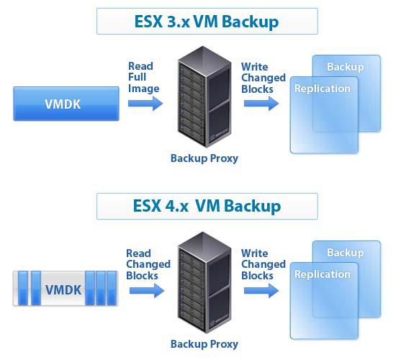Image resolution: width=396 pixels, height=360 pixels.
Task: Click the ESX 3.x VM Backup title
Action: point(207,22)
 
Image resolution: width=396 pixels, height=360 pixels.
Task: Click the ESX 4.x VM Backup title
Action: point(207,206)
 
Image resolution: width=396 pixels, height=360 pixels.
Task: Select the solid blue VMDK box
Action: point(66,104)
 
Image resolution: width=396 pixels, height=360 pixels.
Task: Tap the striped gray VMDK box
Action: point(66,288)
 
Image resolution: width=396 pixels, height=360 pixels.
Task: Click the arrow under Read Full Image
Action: point(145,104)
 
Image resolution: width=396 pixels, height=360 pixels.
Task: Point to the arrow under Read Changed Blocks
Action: point(147,291)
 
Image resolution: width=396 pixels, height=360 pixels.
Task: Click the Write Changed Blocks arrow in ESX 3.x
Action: point(261,104)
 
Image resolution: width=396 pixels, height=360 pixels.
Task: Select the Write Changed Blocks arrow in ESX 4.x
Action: point(261,291)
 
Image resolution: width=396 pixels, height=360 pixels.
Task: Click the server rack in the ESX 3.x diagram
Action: point(204,96)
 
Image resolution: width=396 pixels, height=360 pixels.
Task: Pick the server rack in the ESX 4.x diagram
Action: point(204,283)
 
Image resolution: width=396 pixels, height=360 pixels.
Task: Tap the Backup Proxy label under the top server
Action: point(204,158)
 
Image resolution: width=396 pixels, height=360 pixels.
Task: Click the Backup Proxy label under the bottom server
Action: point(204,344)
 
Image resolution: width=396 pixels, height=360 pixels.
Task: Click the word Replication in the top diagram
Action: point(323,89)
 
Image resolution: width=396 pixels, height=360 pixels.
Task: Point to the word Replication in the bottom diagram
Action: point(323,274)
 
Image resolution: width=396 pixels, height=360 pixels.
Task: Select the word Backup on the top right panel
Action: point(345,67)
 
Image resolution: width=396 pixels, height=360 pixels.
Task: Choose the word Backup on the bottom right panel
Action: point(345,253)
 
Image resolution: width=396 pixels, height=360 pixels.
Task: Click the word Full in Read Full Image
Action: point(137,77)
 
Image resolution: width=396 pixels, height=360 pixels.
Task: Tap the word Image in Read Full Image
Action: point(144,89)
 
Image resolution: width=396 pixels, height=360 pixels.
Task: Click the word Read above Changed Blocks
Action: point(138,253)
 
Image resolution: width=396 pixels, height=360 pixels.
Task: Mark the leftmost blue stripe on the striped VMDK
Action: point(23,288)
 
